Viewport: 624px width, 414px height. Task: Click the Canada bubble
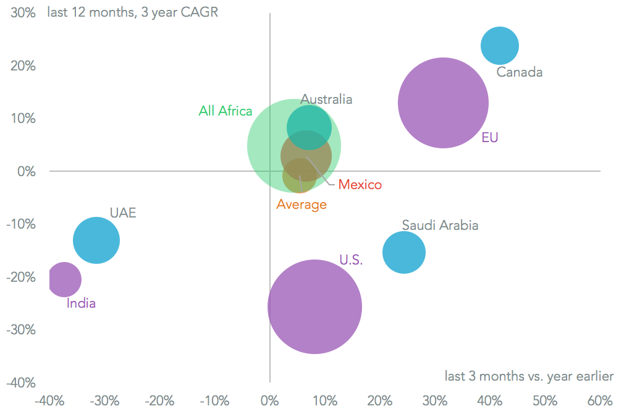point(499,46)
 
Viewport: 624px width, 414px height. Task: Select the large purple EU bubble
point(443,103)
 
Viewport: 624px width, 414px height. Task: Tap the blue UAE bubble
point(96,240)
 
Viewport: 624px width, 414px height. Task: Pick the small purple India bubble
point(64,279)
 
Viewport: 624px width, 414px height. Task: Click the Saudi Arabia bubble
point(404,252)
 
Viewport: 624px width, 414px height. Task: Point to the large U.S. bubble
point(314,306)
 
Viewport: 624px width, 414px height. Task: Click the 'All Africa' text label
point(226,111)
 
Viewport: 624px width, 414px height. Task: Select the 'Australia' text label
point(326,99)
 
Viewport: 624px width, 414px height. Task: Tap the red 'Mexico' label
point(360,184)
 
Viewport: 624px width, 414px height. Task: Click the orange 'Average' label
point(301,205)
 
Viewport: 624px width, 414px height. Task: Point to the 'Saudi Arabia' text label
point(440,225)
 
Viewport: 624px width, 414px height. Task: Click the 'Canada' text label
point(520,72)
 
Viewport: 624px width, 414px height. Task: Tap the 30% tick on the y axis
point(22,13)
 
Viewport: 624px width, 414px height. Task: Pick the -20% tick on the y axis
point(20,277)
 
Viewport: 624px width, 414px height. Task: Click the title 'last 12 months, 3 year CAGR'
point(132,12)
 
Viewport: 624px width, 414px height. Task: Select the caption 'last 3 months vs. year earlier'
point(529,376)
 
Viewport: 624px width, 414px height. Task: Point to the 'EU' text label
point(490,138)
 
